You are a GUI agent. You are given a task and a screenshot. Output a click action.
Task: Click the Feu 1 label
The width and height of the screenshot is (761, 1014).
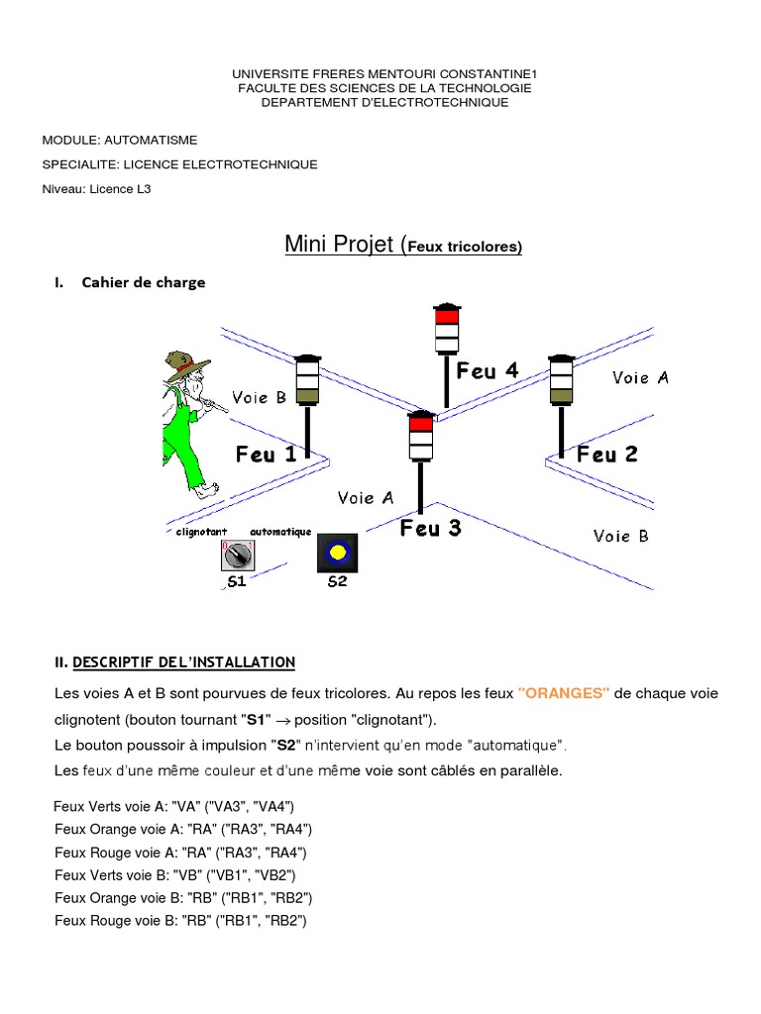coord(266,455)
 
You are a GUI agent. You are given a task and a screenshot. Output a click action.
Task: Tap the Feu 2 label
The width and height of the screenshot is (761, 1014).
coord(606,455)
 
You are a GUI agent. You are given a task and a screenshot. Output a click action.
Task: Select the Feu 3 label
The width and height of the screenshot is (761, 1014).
coord(430,529)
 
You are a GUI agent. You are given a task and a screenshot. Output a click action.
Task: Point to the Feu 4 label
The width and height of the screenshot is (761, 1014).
coord(487,371)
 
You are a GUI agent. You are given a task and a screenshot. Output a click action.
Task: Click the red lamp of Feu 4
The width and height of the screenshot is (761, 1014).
coord(448,317)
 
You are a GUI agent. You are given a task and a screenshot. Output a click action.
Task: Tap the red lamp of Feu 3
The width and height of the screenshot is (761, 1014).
coord(421,424)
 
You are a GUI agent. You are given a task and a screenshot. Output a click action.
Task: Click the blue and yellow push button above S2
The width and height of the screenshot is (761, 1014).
coord(337,552)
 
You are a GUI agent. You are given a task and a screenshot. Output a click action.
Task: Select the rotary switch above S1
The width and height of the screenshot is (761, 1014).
coord(237,555)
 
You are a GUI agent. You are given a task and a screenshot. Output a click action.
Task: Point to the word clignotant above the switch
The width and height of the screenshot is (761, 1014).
coord(201,532)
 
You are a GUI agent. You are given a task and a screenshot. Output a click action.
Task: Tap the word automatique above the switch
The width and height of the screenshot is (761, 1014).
coord(281,532)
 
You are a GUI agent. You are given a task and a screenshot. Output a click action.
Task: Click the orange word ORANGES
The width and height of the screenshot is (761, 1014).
coord(564,693)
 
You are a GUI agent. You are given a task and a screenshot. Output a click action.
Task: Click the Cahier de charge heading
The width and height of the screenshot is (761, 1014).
coord(144,282)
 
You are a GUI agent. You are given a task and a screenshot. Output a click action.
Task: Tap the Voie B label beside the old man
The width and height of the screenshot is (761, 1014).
coord(259,398)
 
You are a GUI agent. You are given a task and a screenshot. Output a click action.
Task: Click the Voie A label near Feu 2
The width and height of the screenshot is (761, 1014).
coord(640,377)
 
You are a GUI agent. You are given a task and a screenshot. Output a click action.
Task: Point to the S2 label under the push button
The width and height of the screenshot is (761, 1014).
coord(338,582)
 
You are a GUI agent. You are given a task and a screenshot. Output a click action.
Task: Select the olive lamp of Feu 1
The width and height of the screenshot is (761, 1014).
coord(307,396)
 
